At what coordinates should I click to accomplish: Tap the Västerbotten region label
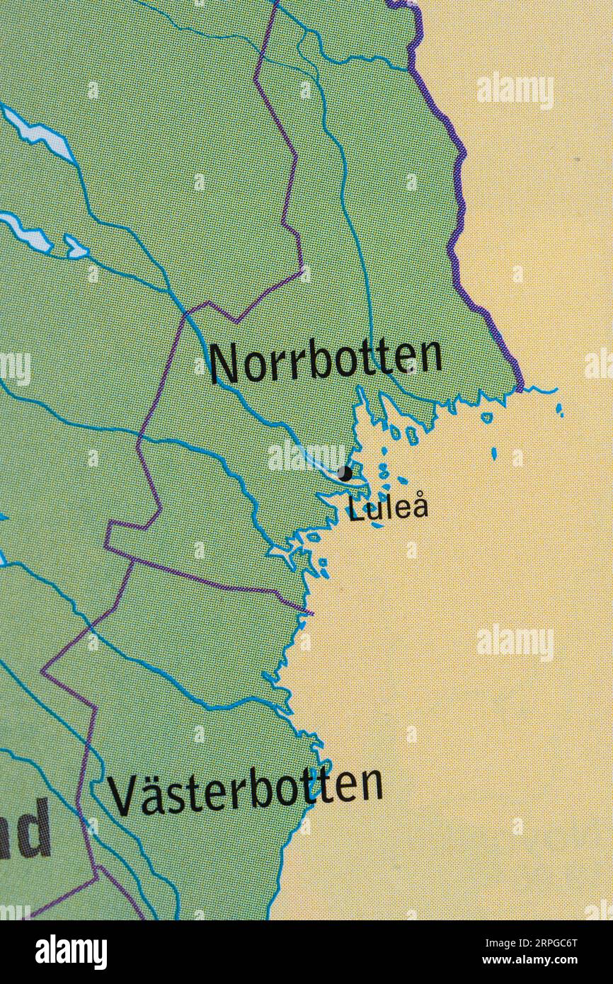(244, 791)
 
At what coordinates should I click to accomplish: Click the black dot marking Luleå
(345, 473)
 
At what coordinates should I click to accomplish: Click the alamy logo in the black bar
(71, 952)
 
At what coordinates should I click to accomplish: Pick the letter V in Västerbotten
(120, 797)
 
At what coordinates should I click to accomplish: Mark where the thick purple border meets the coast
(522, 388)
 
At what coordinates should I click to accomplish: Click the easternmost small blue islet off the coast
(559, 409)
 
